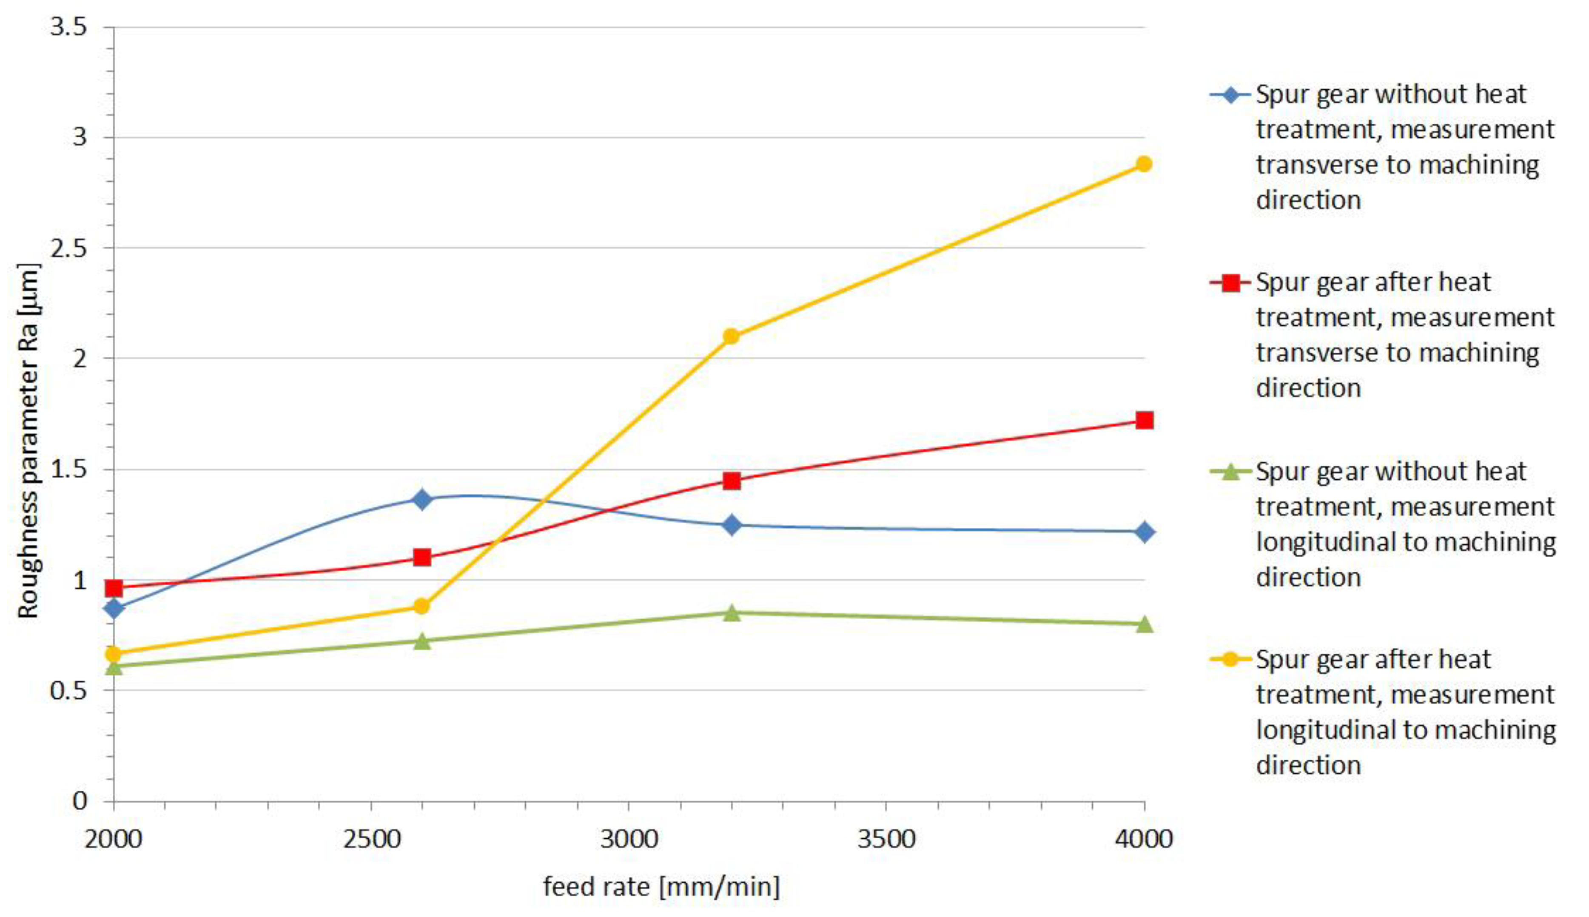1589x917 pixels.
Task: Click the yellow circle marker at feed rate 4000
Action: [x=1144, y=164]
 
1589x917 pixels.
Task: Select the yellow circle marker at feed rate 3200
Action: [x=731, y=336]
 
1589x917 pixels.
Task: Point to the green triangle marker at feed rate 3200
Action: [x=731, y=612]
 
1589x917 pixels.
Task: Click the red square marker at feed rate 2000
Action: [x=114, y=588]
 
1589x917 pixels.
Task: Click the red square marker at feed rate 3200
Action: [x=731, y=481]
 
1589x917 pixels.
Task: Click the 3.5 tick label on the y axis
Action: [x=68, y=27]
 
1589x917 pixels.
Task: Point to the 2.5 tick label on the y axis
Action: [x=68, y=248]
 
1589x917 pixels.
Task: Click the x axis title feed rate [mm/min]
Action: [x=661, y=886]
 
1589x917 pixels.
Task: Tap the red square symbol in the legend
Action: [x=1230, y=283]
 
